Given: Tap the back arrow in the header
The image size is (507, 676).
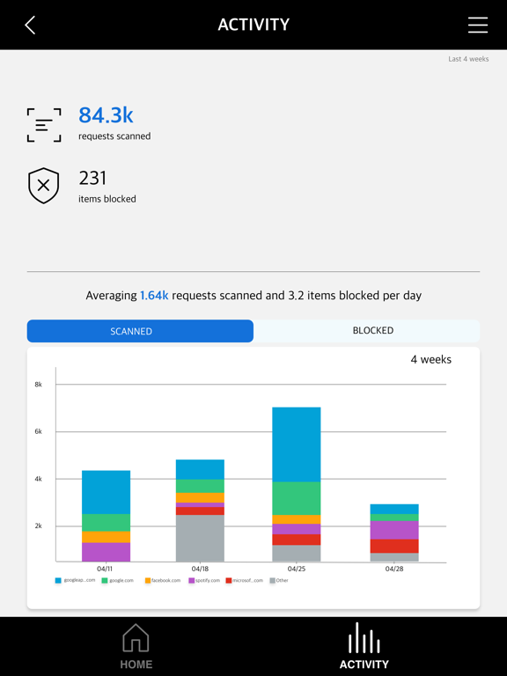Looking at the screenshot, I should point(30,25).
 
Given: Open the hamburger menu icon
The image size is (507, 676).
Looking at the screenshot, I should point(477,25).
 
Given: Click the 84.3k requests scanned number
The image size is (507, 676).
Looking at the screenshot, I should point(106,115).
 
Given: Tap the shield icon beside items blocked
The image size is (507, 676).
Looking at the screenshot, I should point(44,186).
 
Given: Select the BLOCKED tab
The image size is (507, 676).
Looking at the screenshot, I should point(372,331).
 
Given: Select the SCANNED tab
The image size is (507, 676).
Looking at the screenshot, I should point(140,331).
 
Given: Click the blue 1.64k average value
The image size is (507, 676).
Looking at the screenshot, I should point(154,296).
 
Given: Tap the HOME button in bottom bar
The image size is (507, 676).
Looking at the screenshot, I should point(136,646).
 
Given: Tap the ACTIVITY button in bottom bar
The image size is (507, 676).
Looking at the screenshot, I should point(364,646).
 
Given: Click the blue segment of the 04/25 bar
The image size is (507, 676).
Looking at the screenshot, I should point(296,445).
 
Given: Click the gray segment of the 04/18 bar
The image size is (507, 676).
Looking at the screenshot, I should point(200,538).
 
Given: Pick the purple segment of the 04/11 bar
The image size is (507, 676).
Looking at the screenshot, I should point(106,552).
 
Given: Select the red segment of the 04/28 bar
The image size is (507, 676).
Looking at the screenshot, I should point(394,546).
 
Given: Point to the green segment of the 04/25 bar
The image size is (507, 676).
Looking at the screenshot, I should point(296,498).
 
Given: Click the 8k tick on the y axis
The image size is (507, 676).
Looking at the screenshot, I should point(39,385).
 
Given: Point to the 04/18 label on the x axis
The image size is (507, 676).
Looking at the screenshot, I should point(200,569).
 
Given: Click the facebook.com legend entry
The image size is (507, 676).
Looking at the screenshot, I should point(163,581).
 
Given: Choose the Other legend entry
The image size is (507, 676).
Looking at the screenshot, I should point(279,581).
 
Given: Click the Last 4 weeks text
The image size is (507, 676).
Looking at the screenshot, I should point(468,59).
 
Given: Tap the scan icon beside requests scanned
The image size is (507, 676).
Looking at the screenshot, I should point(44,125).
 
